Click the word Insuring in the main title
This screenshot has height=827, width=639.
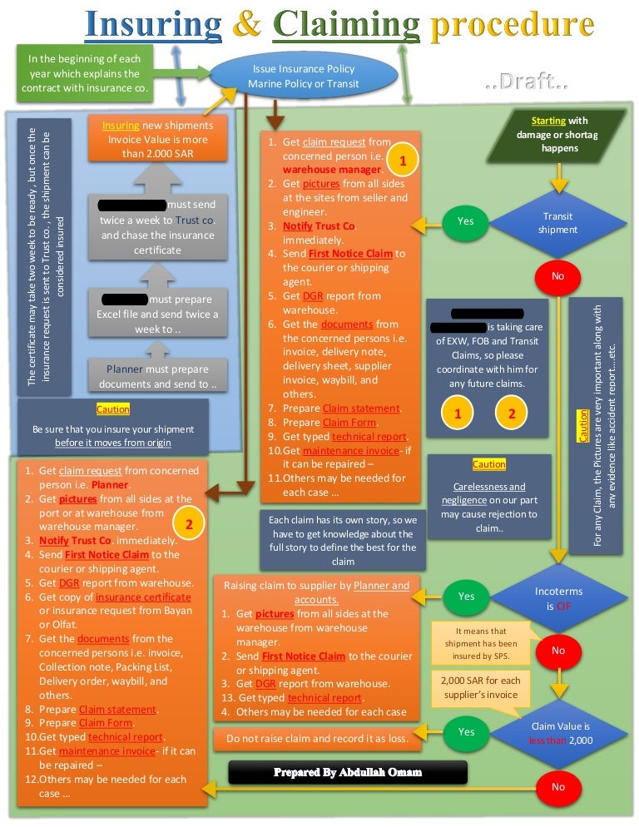(x=153, y=25)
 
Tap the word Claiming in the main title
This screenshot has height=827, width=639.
(x=349, y=25)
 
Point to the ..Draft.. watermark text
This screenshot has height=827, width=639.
(x=526, y=84)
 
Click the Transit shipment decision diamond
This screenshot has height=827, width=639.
(x=557, y=223)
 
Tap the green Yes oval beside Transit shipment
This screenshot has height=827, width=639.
(x=466, y=221)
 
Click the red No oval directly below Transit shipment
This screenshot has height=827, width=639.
(x=557, y=275)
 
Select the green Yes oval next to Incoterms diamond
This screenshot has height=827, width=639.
(x=466, y=596)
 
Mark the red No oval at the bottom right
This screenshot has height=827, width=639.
(x=557, y=786)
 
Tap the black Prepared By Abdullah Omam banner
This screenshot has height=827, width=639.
(x=348, y=772)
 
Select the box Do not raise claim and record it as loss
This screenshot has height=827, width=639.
(x=318, y=738)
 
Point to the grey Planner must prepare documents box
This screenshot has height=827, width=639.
(x=158, y=377)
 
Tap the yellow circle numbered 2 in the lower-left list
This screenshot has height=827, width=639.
(x=190, y=525)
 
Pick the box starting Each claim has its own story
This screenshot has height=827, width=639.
(x=343, y=541)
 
